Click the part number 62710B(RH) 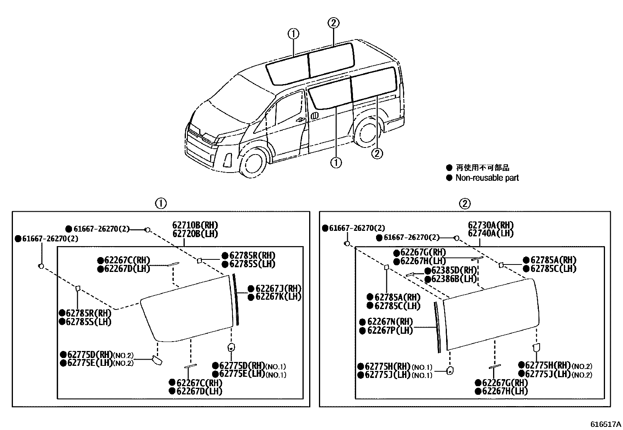pyautogui.click(x=195, y=225)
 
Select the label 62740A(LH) pyautogui.click(x=490, y=233)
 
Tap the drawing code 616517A pyautogui.click(x=606, y=424)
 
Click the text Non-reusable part pyautogui.click(x=487, y=178)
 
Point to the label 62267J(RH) pyautogui.click(x=278, y=288)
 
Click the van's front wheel pyautogui.click(x=253, y=163)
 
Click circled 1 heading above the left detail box pyautogui.click(x=160, y=203)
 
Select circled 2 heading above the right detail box pyautogui.click(x=464, y=203)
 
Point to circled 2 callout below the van pyautogui.click(x=376, y=154)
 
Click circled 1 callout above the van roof pyautogui.click(x=293, y=34)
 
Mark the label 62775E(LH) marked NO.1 pyautogui.click(x=242, y=374)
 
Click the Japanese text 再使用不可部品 pyautogui.click(x=483, y=168)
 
